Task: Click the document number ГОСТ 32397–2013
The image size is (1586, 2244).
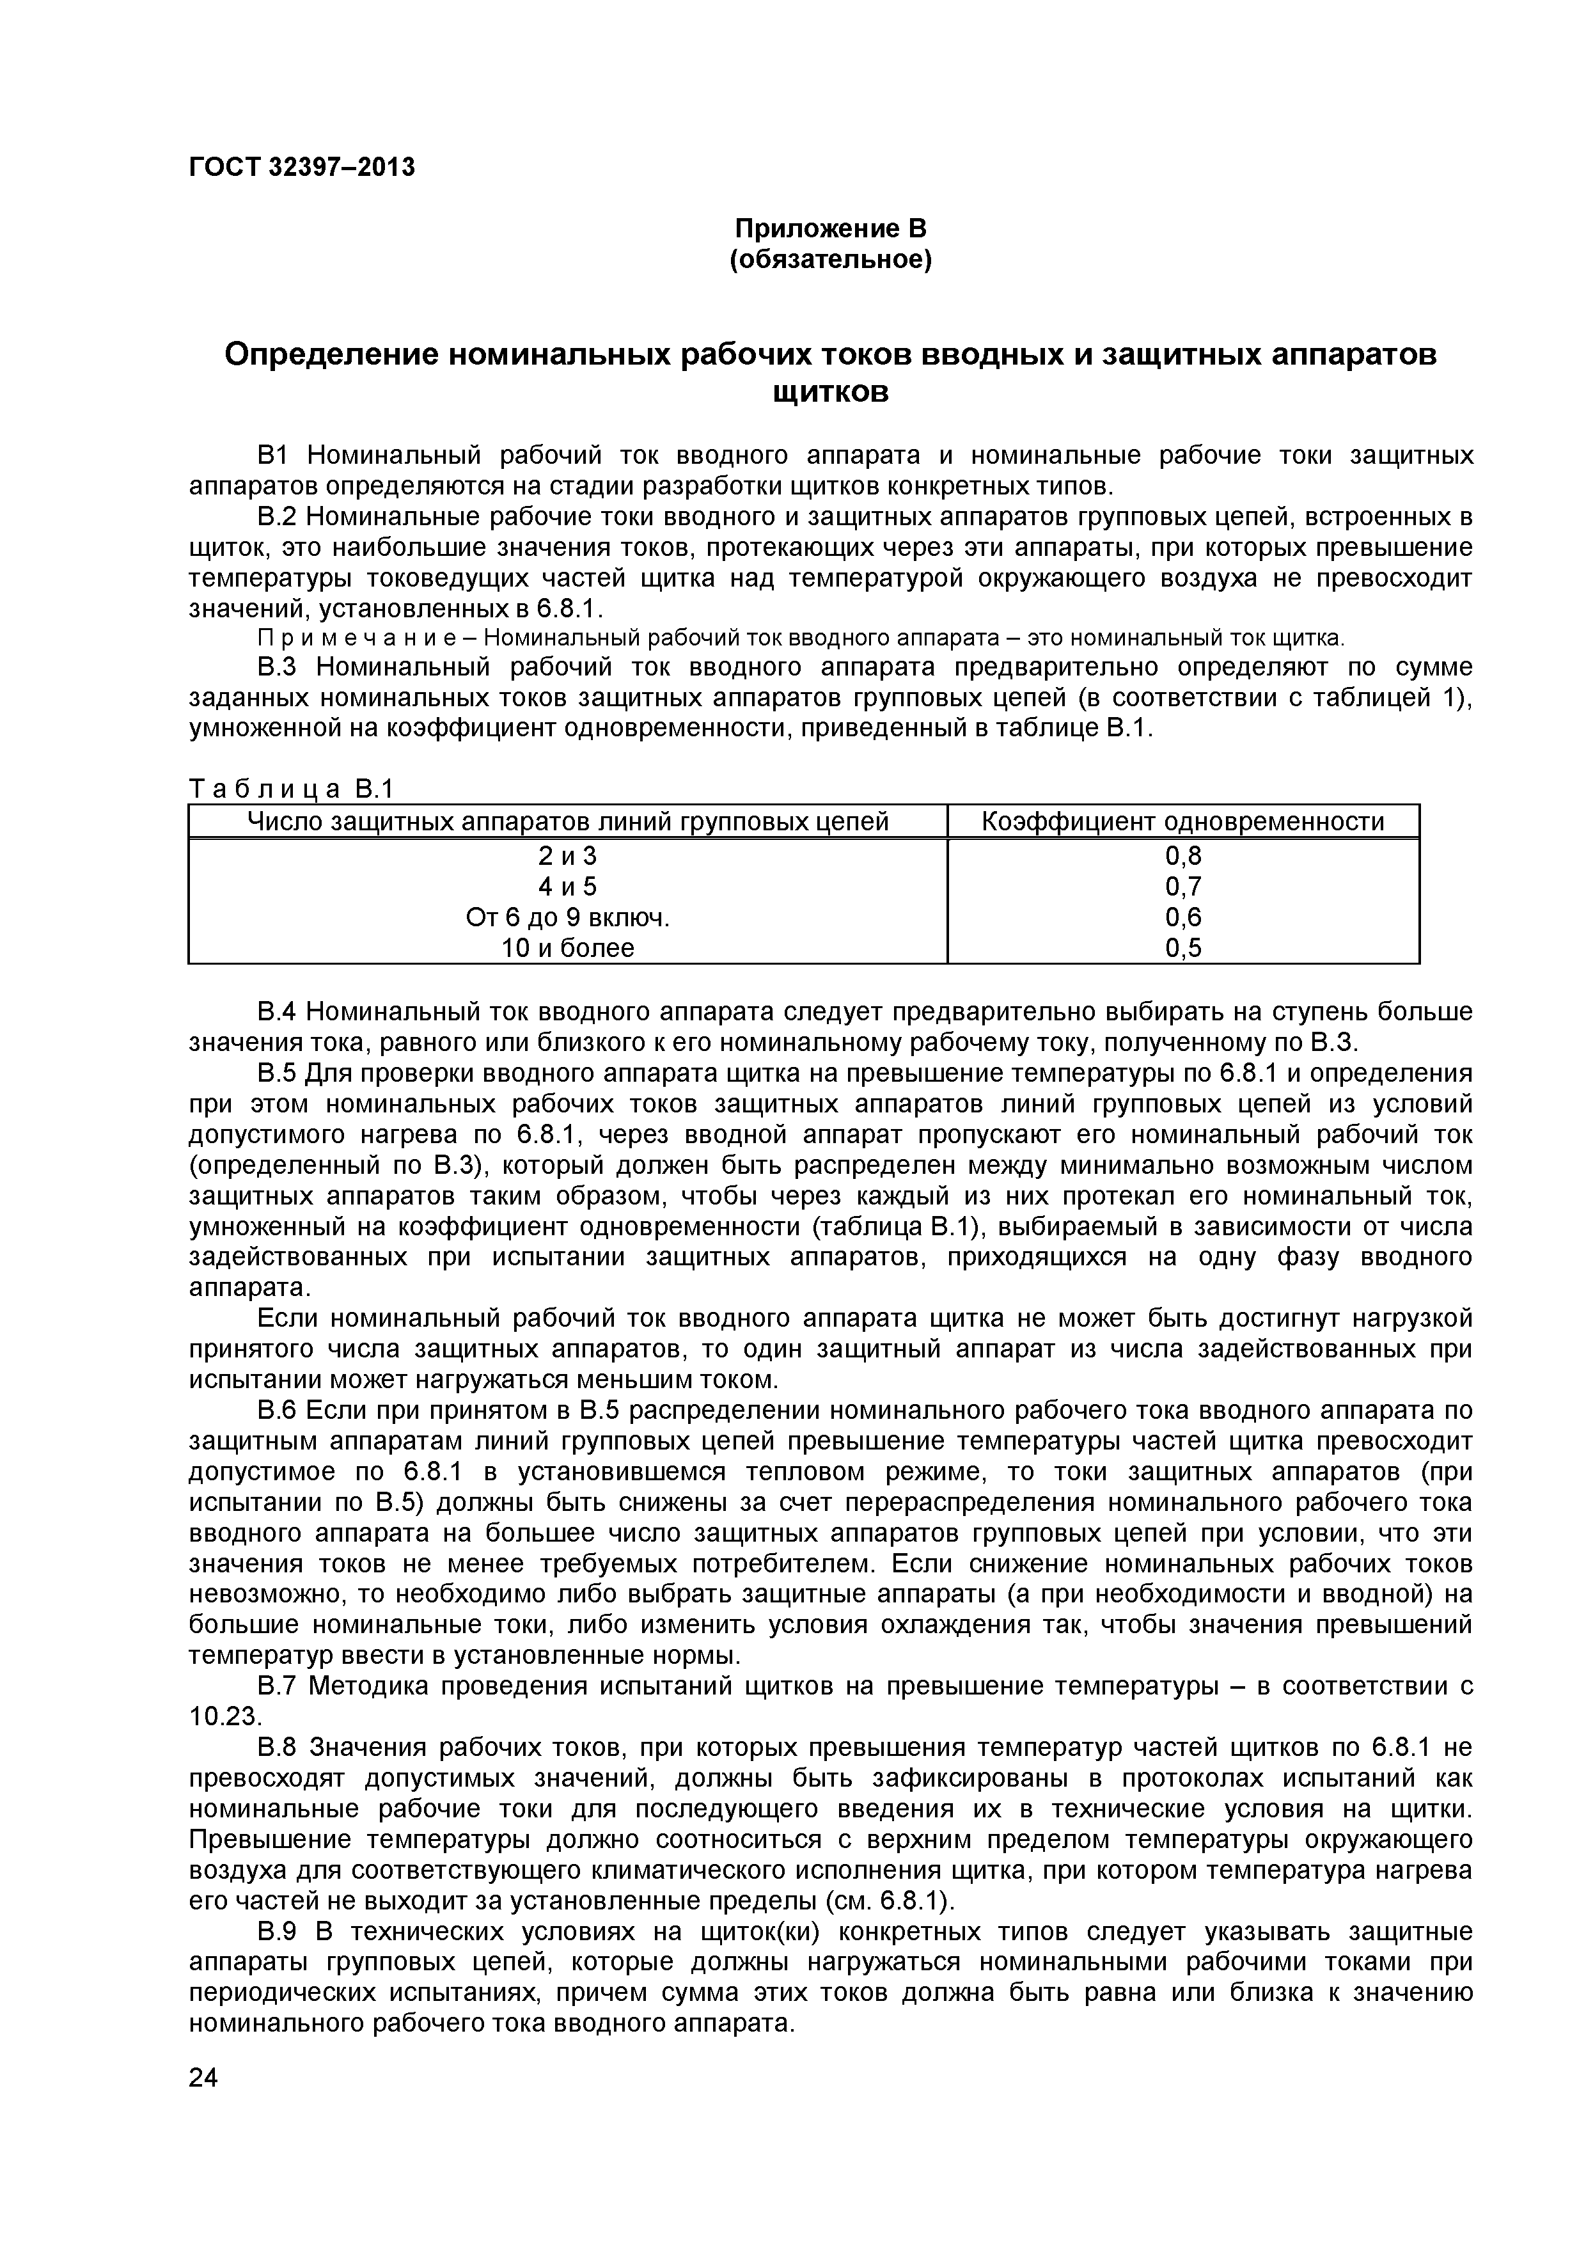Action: click(301, 167)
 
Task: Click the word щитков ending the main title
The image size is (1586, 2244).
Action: click(831, 393)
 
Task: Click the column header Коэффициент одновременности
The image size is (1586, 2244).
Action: click(1182, 821)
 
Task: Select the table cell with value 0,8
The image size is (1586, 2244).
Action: click(1182, 856)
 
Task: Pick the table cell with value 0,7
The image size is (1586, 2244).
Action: click(1182, 887)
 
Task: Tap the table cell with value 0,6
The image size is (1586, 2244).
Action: click(1182, 917)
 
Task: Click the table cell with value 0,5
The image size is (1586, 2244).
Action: click(1182, 947)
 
